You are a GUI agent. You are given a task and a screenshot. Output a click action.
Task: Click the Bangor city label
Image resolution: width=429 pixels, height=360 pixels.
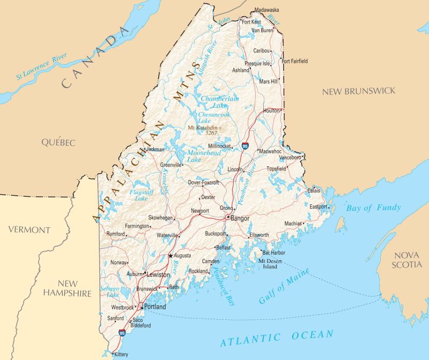[x=240, y=218]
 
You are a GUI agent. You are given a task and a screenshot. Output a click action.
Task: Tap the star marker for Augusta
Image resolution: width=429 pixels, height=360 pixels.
[x=171, y=256]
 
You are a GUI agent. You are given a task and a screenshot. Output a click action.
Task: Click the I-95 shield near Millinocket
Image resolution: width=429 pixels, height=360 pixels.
[x=245, y=145]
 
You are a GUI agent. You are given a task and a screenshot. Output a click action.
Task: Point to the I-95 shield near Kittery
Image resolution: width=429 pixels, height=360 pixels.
[x=123, y=333]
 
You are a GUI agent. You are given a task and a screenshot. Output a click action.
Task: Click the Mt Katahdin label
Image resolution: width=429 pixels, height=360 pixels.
[x=204, y=128]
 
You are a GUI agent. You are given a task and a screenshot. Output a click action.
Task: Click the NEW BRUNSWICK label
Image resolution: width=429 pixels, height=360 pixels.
[x=358, y=91]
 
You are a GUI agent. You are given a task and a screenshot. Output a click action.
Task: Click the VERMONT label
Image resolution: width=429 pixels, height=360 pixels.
[x=29, y=230]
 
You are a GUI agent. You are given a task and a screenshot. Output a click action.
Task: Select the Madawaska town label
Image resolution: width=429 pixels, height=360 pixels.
[x=267, y=10]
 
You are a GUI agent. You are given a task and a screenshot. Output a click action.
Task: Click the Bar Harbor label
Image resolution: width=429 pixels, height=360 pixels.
[x=275, y=252]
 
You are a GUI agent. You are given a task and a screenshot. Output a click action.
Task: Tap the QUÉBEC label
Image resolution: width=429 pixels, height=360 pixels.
[x=58, y=142]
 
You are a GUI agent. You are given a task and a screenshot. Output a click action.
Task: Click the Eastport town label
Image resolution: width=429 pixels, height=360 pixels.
[x=319, y=206]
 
